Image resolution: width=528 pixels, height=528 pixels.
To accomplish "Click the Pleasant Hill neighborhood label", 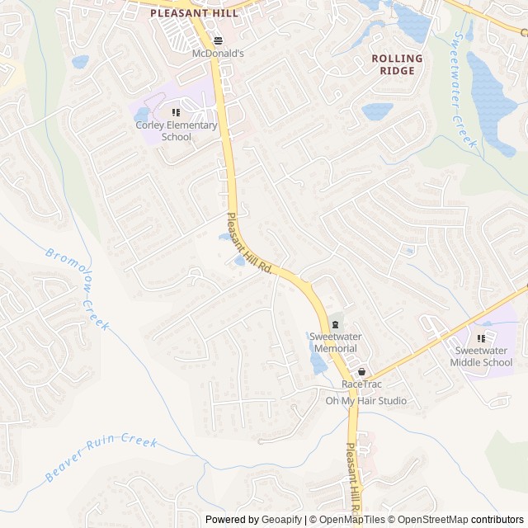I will tap(194, 13).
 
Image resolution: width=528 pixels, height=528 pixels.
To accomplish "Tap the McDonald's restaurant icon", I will tap(218, 40).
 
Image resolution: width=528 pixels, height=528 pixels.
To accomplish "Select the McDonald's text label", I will tap(218, 53).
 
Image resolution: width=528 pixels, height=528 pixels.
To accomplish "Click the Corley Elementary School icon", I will tap(176, 112).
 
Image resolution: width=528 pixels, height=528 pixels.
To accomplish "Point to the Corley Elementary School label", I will tap(177, 131).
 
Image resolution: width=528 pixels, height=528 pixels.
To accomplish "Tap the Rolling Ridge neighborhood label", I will tap(397, 64).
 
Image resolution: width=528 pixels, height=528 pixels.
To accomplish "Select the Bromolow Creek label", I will tap(77, 289).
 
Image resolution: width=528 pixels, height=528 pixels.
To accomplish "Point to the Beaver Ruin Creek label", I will tap(101, 455).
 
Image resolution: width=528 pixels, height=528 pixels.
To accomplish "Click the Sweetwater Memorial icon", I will tap(334, 323).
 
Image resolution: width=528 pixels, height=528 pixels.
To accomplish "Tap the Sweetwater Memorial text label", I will tap(333, 342).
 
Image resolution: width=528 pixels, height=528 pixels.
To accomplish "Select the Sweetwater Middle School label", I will tap(483, 356).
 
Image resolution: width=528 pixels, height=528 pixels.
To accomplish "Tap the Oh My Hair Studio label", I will tap(365, 401).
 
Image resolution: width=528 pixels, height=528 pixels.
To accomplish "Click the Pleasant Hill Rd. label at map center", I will tap(249, 243).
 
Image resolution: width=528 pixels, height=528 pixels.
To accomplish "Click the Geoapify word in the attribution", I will tap(281, 520).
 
